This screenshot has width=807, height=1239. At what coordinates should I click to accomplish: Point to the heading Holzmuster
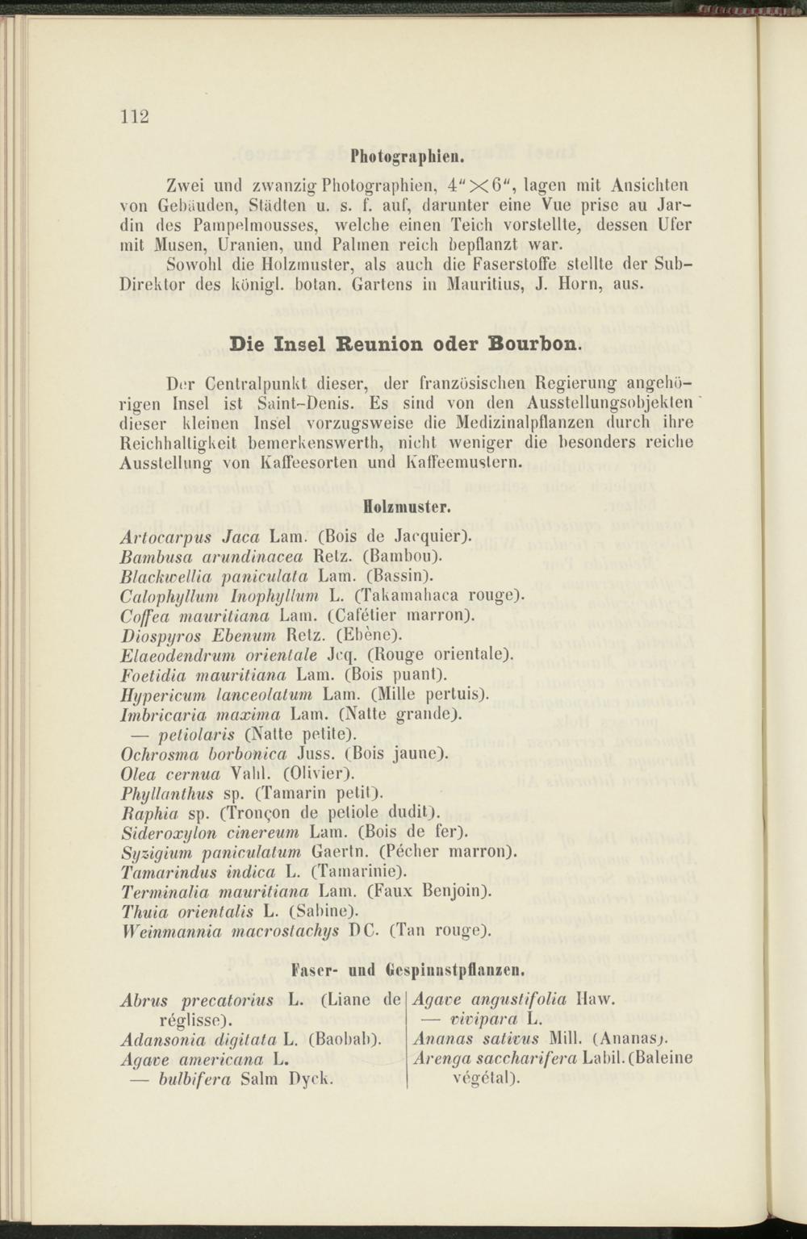406,509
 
